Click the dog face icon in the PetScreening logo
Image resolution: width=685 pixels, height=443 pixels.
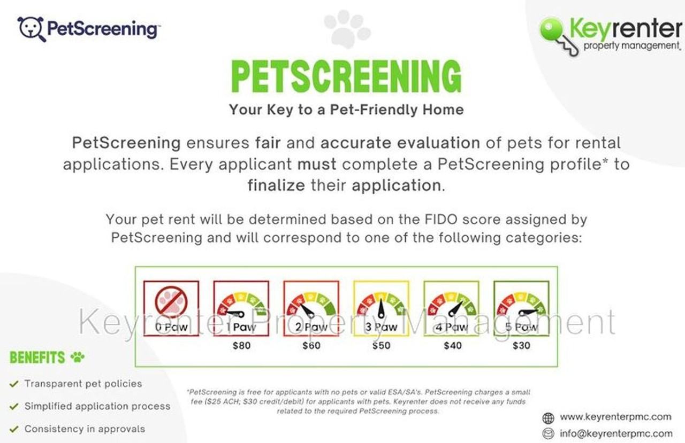(32, 29)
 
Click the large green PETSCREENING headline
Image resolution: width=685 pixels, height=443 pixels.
(346, 76)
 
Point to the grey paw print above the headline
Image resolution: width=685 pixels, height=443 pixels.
(347, 29)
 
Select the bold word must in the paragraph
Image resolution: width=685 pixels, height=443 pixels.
(317, 164)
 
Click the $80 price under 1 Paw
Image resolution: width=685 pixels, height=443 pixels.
(241, 346)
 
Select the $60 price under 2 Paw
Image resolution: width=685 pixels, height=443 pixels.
(311, 346)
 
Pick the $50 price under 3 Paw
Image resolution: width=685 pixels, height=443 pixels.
(382, 346)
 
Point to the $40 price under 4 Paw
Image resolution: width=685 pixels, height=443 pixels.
(453, 346)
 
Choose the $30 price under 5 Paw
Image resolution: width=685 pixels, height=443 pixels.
(521, 346)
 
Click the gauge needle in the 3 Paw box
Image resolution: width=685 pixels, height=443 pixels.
(381, 308)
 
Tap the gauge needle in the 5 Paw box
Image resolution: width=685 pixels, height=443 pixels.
(528, 312)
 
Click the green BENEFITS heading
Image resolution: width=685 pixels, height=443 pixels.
(37, 357)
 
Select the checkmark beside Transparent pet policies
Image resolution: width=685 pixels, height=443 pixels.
(14, 384)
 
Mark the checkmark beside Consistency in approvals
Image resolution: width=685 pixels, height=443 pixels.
(14, 429)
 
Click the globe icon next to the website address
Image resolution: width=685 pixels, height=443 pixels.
(548, 418)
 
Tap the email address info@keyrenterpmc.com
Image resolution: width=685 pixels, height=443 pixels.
(616, 433)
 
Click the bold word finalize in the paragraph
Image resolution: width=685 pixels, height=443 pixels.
(276, 185)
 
